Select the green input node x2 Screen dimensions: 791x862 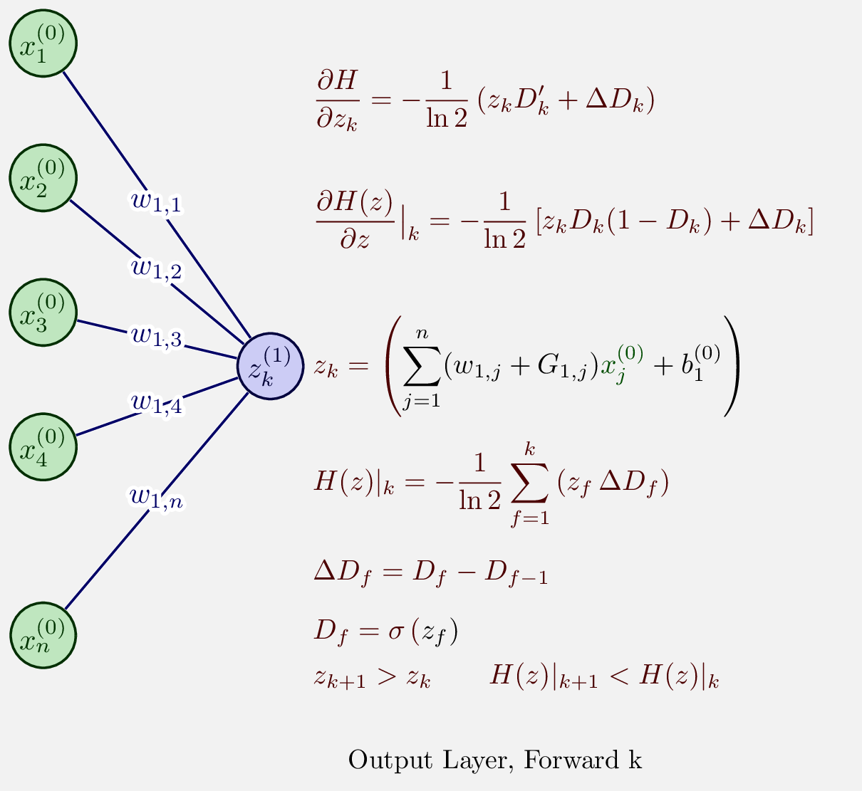pyautogui.click(x=43, y=178)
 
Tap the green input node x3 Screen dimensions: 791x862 pyautogui.click(x=43, y=313)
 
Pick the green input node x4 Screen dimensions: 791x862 pyautogui.click(x=43, y=446)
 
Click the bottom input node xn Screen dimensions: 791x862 pyautogui.click(x=43, y=635)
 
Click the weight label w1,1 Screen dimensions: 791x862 pyautogui.click(x=157, y=202)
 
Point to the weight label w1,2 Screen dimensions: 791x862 pyautogui.click(x=157, y=269)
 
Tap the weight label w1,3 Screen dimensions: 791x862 pyautogui.click(x=157, y=336)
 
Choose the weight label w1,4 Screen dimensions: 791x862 pyautogui.click(x=157, y=403)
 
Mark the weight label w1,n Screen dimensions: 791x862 pyautogui.click(x=157, y=497)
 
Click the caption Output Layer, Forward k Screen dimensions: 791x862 pyautogui.click(x=495, y=760)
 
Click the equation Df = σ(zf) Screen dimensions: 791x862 pyautogui.click(x=385, y=631)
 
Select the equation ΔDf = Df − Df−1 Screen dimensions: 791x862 pyautogui.click(x=430, y=572)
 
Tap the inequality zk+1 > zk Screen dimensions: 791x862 pyautogui.click(x=372, y=677)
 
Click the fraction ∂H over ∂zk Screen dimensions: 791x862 pyautogui.click(x=336, y=100)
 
